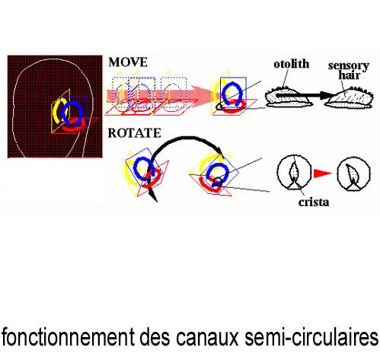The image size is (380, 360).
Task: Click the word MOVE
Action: coord(128,62)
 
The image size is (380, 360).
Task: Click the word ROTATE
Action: coord(134,133)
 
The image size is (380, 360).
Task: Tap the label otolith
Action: coord(292,64)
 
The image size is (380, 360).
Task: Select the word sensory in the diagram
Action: coord(349,66)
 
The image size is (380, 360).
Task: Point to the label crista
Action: coord(314,202)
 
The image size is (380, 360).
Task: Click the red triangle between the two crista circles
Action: coord(323,174)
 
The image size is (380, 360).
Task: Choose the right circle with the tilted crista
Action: coord(354,174)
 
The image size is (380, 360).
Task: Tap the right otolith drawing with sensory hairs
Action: coord(350,97)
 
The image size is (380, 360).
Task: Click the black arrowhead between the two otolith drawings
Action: coord(326,95)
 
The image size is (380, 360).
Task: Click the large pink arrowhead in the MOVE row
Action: coord(203,96)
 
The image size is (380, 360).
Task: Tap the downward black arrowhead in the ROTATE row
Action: coord(153,196)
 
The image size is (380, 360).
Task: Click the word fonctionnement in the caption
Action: coord(68,337)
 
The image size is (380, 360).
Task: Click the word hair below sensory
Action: coord(350,75)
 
